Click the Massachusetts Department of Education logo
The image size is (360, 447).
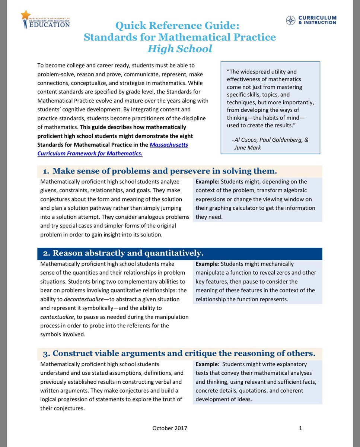pos(45,20)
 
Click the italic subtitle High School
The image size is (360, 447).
pos(180,49)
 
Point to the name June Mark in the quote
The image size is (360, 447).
pos(248,148)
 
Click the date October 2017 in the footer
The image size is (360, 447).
pos(169,428)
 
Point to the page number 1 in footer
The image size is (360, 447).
pos(300,428)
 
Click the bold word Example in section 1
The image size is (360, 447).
pos(207,182)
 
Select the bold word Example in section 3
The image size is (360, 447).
pos(207,364)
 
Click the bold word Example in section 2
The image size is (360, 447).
pos(207,264)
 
